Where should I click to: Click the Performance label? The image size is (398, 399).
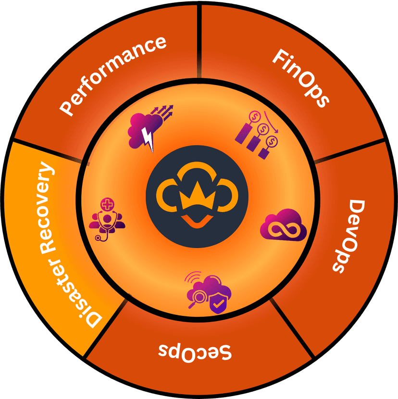click(113, 75)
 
